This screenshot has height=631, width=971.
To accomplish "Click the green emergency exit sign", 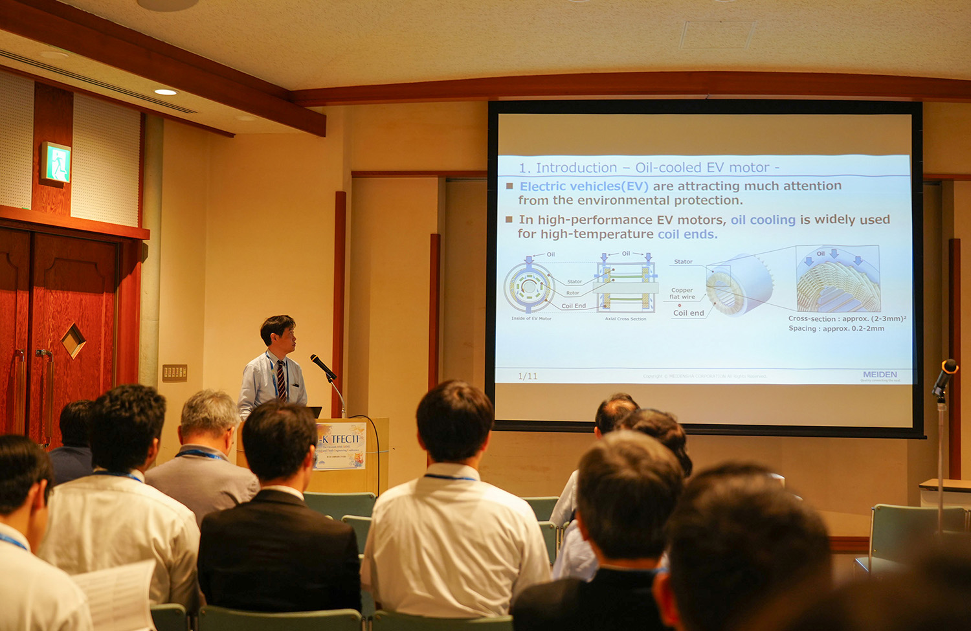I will (56, 162).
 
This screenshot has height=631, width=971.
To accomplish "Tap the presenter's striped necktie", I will (281, 379).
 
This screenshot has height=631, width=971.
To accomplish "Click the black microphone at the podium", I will (322, 366).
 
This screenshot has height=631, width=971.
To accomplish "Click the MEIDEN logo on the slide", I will (880, 375).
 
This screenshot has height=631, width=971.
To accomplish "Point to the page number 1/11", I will (528, 376).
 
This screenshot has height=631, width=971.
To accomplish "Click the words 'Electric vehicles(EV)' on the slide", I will (584, 186).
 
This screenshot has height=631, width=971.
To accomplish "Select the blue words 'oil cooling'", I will (763, 220).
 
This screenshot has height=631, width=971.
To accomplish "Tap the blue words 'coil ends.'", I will (687, 234).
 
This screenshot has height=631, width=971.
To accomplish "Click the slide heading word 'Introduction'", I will (576, 168).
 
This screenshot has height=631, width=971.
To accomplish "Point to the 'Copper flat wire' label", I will (682, 294).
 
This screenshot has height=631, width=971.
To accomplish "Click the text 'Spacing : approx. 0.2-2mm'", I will (836, 329).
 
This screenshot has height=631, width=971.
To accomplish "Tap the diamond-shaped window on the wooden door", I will (73, 340).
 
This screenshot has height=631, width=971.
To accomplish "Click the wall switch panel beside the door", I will (175, 372).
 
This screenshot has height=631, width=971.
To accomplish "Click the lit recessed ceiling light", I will (166, 92).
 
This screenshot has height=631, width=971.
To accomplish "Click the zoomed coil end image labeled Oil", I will (838, 279).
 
